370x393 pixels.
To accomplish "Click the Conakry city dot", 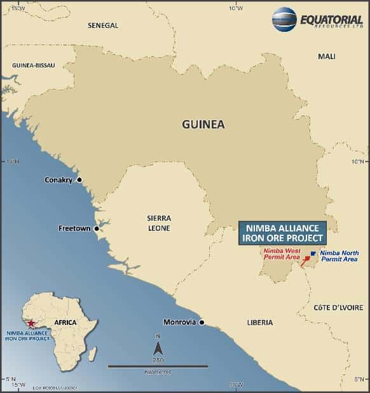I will [x=79, y=180].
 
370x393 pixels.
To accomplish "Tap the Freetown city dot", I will [x=97, y=228].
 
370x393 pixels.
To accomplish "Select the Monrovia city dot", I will [x=202, y=322].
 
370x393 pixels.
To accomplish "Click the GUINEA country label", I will [x=203, y=124].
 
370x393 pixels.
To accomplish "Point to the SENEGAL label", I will [x=103, y=25].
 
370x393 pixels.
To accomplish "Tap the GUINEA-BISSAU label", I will [x=33, y=65].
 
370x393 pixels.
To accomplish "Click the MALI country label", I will [x=326, y=57].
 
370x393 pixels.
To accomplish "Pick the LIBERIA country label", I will [x=259, y=323].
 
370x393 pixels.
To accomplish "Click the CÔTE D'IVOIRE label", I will [x=338, y=308].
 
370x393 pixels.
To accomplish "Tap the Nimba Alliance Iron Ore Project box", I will [x=282, y=233].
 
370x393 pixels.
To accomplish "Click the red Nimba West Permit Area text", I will [x=282, y=254].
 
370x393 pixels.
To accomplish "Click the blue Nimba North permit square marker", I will [x=312, y=253].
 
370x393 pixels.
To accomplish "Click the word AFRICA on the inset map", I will [x=65, y=322].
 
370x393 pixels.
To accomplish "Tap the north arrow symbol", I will [x=158, y=348].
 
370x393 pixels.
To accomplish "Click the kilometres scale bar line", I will [x=158, y=366].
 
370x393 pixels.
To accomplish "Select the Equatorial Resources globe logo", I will [x=284, y=19].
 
